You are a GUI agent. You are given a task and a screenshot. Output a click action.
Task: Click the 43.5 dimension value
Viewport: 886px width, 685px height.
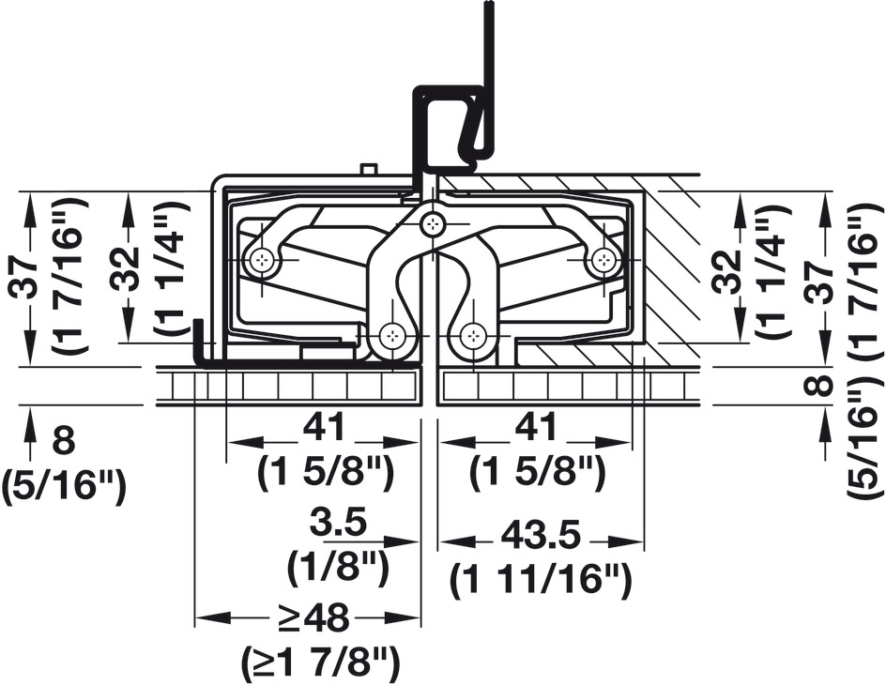[541, 537]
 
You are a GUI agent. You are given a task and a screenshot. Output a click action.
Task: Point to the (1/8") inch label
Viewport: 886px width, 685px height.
[338, 566]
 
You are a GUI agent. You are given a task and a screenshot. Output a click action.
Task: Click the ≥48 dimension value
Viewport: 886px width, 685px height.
[315, 619]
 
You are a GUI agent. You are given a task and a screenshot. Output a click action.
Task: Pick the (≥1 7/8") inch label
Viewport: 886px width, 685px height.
[320, 662]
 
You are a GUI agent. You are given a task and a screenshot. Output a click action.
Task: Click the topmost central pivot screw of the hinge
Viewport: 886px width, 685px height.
[434, 224]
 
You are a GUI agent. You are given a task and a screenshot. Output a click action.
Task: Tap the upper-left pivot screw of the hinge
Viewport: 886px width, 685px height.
[263, 260]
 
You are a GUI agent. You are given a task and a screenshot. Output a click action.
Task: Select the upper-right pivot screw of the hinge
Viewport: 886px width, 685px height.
[603, 260]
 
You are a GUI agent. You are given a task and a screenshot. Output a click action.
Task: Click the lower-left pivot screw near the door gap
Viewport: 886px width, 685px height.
[391, 337]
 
